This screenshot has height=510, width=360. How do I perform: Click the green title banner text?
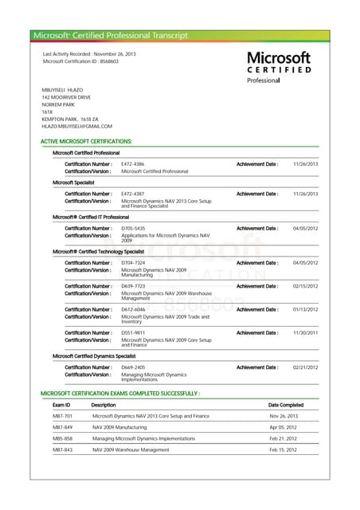[111, 36]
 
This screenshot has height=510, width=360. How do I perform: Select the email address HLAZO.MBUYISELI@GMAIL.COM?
[77, 126]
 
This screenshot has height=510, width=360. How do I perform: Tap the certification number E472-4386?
[132, 163]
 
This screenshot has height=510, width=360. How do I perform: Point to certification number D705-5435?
[133, 229]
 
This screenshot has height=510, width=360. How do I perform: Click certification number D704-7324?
[133, 263]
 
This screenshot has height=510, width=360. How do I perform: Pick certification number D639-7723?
[133, 286]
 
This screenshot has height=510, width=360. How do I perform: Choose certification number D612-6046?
[133, 309]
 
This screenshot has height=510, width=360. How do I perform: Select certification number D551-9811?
[133, 333]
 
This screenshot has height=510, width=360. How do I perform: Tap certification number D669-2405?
[133, 367]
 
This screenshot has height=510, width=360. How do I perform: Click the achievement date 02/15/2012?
[305, 286]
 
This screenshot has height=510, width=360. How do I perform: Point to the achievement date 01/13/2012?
[305, 309]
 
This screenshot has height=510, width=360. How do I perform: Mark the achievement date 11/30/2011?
[305, 333]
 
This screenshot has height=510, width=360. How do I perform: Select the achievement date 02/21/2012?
[305, 367]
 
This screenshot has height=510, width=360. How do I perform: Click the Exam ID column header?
[61, 405]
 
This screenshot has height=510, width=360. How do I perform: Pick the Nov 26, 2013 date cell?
[283, 416]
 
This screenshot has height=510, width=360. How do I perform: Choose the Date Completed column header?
[286, 405]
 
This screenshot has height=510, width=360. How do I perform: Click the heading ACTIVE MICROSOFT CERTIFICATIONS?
[86, 141]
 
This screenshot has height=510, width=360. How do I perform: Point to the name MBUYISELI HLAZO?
[62, 90]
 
